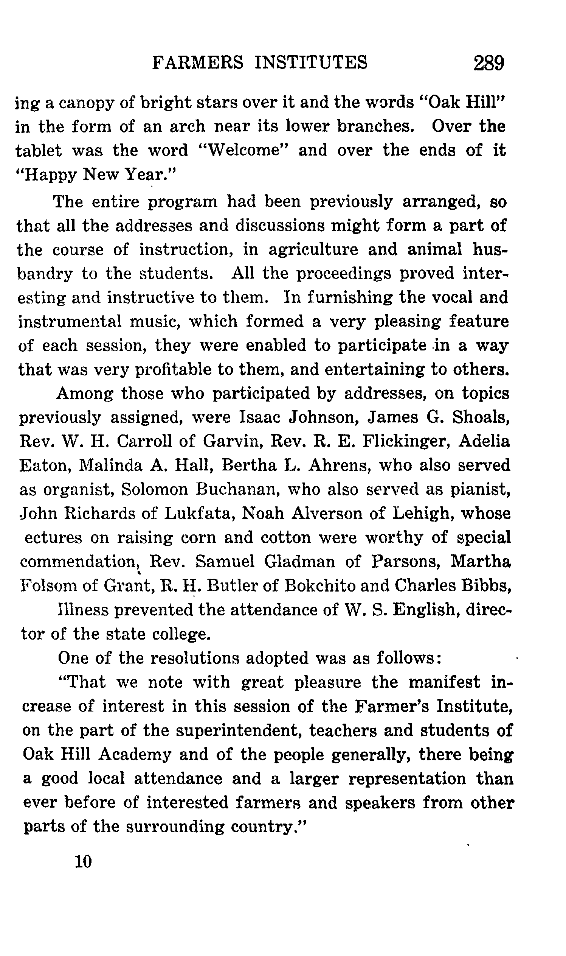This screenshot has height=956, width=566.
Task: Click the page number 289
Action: click(x=488, y=63)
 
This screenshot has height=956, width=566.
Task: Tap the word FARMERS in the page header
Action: click(x=197, y=62)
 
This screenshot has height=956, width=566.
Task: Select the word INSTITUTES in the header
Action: click(x=311, y=62)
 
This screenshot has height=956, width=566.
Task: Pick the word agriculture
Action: click(x=313, y=250)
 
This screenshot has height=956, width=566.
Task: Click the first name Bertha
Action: click(x=249, y=466)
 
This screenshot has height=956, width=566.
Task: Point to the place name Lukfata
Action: click(x=198, y=514)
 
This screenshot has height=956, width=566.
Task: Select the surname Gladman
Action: click(x=300, y=562)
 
